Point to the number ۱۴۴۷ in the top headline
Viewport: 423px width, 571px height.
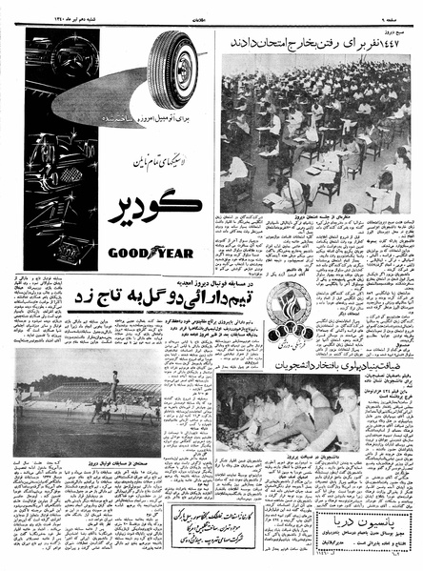click(392, 42)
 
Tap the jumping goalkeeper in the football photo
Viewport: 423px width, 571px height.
click(113, 382)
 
